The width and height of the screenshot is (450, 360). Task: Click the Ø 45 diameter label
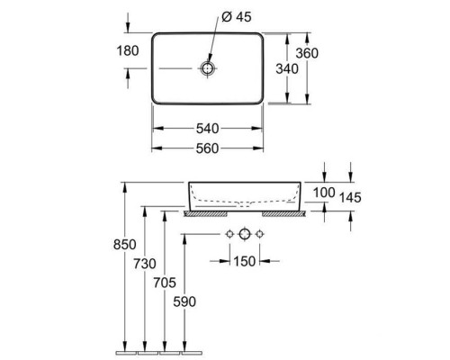[236, 17]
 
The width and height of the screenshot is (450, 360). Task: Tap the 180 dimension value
[128, 50]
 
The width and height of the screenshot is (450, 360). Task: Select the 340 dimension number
[287, 69]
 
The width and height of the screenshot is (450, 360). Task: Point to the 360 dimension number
[307, 53]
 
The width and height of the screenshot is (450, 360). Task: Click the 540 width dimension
[207, 129]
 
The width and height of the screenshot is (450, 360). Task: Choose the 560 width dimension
[207, 148]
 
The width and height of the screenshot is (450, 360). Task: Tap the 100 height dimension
[324, 193]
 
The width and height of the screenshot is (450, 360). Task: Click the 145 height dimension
[350, 198]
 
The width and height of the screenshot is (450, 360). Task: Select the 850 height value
[124, 245]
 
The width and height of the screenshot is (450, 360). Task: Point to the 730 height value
[145, 264]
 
